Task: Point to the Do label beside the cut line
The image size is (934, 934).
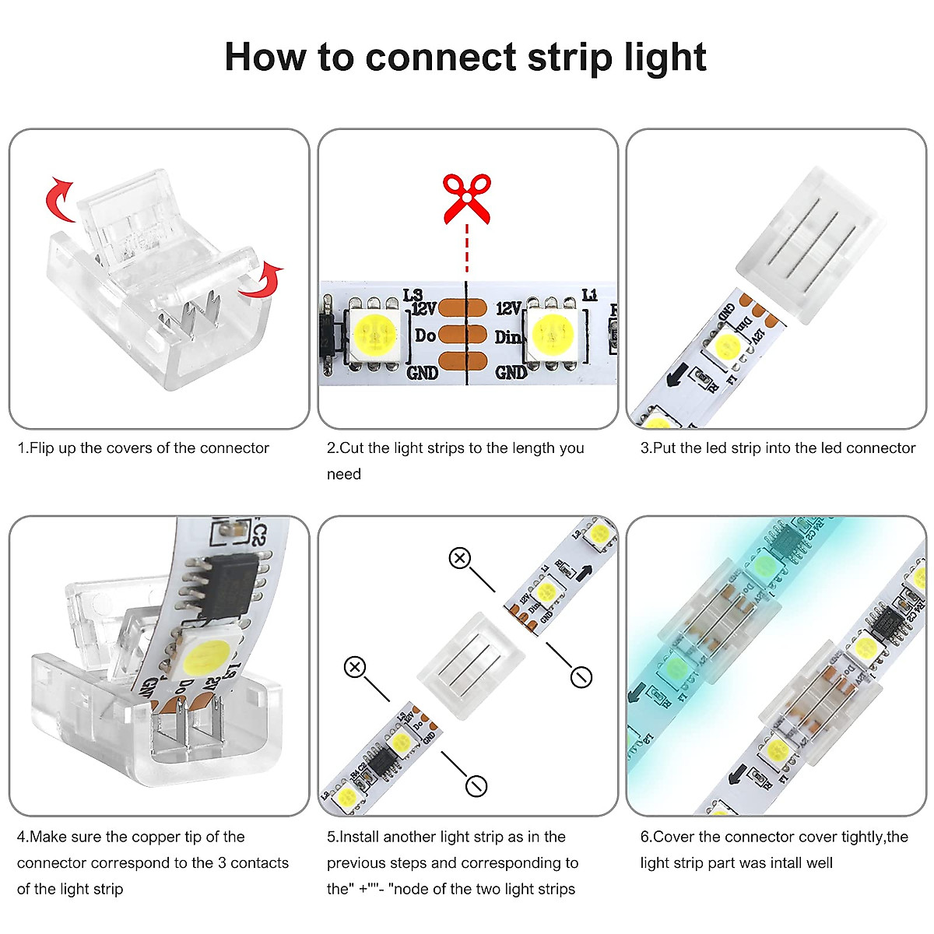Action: point(425,335)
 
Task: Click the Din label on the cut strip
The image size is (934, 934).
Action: point(507,337)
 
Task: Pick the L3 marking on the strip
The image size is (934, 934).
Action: point(413,295)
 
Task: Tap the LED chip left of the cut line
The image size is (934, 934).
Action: point(376,334)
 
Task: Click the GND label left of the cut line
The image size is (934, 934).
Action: point(422,373)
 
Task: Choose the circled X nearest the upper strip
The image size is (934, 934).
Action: point(460,557)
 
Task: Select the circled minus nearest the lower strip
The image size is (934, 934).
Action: point(476,785)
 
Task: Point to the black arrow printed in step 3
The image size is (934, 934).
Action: point(676,375)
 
